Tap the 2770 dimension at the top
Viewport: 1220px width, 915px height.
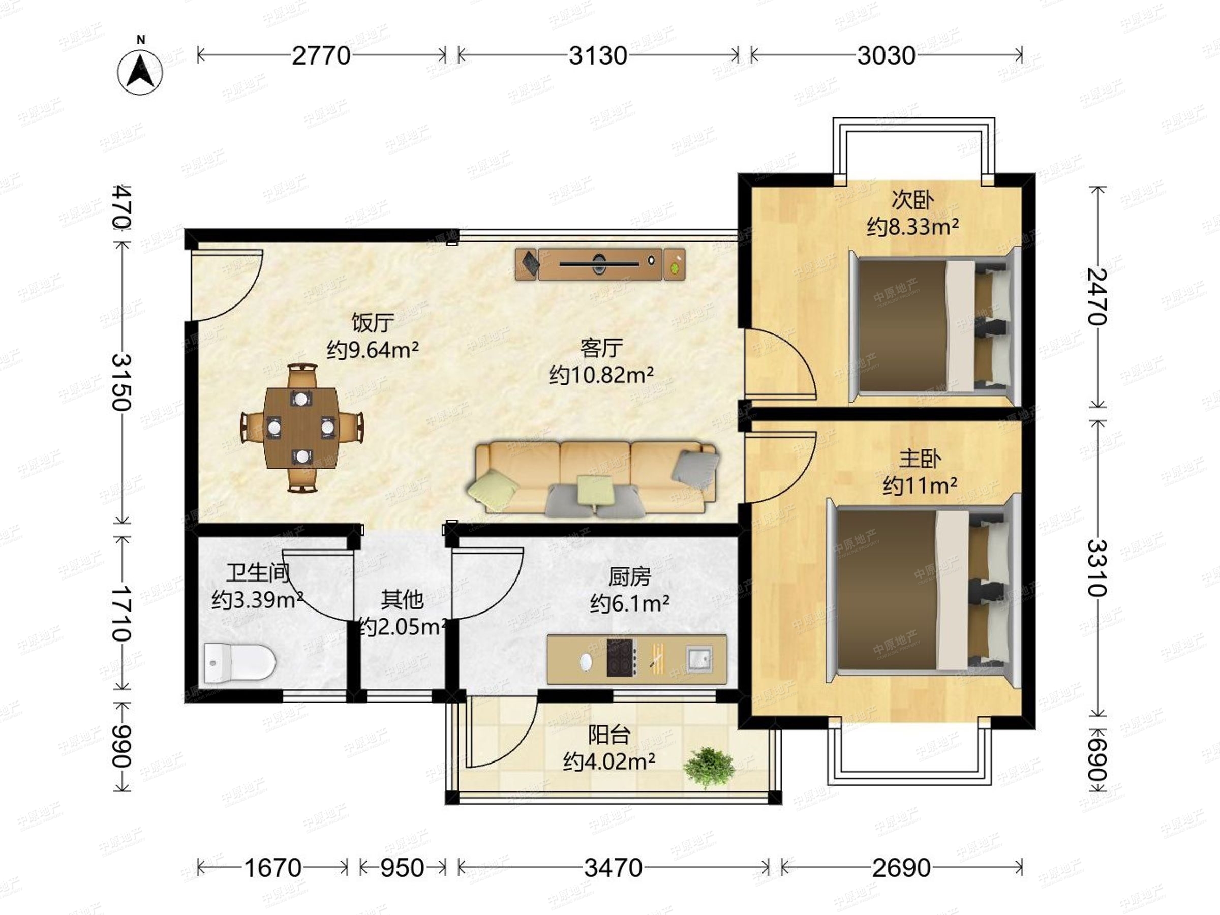coord(321,56)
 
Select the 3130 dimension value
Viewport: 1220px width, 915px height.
coord(598,56)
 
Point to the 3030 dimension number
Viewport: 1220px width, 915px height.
coord(887,56)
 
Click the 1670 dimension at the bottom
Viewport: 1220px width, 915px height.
coord(272,868)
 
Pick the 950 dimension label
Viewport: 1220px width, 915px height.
coord(402,868)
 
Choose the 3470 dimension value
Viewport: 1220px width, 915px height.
coord(614,868)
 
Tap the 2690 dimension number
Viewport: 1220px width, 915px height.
coord(901,868)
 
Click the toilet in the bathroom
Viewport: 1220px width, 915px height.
coord(239,662)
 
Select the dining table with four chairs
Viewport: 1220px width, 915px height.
coord(301,428)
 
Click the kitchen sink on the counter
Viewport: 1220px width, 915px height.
coord(699,657)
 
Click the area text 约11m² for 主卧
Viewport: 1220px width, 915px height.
coord(920,486)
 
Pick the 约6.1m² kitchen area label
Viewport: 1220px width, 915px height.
coord(630,604)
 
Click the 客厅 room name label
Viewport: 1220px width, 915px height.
coord(601,348)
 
